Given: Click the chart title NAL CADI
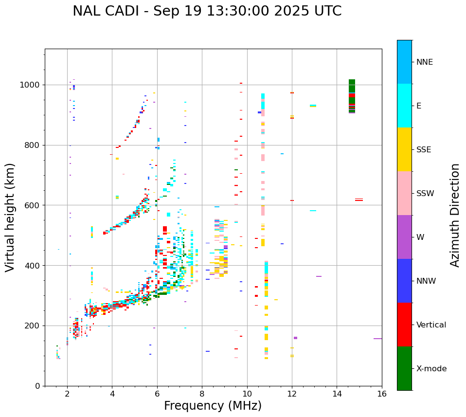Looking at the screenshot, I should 207,11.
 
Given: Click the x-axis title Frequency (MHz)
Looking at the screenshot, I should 213,406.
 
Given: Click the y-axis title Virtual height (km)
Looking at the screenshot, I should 10,217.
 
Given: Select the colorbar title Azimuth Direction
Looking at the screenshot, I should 455,215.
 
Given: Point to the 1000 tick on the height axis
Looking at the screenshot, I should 32,85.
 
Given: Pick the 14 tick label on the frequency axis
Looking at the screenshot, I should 337,394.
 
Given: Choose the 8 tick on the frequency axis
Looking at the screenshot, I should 202,394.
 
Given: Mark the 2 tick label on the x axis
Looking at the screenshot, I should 67,394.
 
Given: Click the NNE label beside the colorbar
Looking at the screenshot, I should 424,62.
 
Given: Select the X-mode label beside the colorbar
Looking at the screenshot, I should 431,369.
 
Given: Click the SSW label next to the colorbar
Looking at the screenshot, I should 425,194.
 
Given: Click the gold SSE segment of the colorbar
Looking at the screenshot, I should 404,149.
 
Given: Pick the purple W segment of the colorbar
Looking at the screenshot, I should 404,237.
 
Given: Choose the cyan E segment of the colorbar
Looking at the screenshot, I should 404,106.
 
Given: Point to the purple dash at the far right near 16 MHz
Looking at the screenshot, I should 377,339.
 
